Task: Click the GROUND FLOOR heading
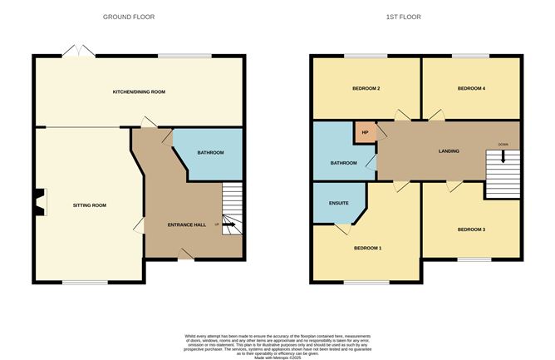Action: tap(129, 17)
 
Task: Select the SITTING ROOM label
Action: tap(90, 205)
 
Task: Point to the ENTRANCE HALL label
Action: tap(186, 225)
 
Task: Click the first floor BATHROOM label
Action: tap(342, 163)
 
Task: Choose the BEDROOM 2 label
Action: tap(366, 87)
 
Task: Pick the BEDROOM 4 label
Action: tap(471, 87)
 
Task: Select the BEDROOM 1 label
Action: tap(368, 248)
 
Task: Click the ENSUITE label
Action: tap(338, 203)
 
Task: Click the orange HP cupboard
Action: tap(366, 131)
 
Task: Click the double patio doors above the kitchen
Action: tap(77, 51)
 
